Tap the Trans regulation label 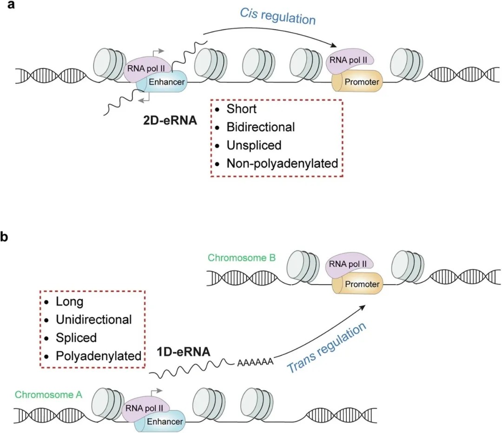coord(327,348)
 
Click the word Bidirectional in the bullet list coord(261,127)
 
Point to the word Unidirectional coord(94,320)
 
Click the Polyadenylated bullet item coord(99,356)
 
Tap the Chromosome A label coord(49,395)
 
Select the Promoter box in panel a coord(361,82)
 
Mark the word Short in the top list coord(242,108)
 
